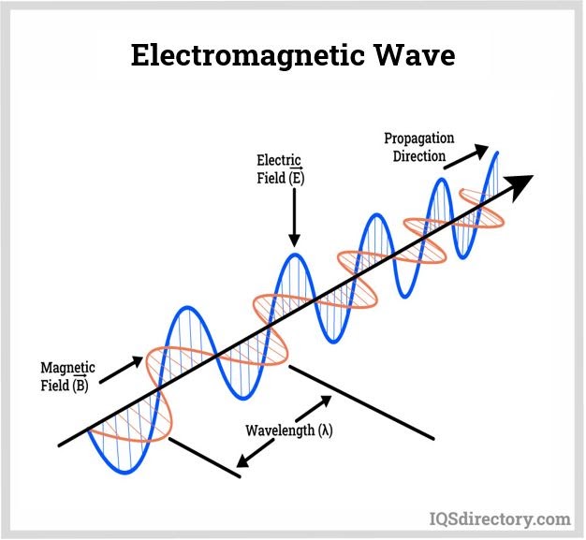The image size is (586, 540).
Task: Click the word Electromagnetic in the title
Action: click(247, 56)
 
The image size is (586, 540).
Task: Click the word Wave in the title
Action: click(414, 55)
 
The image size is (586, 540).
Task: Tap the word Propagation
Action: click(419, 139)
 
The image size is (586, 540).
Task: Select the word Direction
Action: click(419, 156)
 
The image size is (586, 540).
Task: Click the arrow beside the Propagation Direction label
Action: click(466, 157)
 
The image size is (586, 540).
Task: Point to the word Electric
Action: click(278, 160)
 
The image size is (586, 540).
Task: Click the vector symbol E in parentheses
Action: click(296, 176)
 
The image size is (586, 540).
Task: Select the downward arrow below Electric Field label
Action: click(295, 217)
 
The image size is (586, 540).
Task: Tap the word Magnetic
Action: click(67, 368)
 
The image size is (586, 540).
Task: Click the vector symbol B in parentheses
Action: click(80, 384)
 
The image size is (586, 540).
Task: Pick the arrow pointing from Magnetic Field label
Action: click(121, 370)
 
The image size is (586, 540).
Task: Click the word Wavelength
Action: click(280, 431)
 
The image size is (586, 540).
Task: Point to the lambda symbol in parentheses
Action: click(325, 431)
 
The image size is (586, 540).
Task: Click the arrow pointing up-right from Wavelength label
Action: click(314, 408)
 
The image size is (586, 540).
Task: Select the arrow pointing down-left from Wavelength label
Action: click(256, 453)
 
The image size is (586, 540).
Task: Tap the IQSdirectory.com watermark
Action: click(500, 519)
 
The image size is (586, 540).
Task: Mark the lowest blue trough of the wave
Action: click(126, 473)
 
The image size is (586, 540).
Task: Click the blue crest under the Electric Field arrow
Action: click(295, 255)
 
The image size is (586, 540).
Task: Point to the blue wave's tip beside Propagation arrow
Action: click(497, 153)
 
